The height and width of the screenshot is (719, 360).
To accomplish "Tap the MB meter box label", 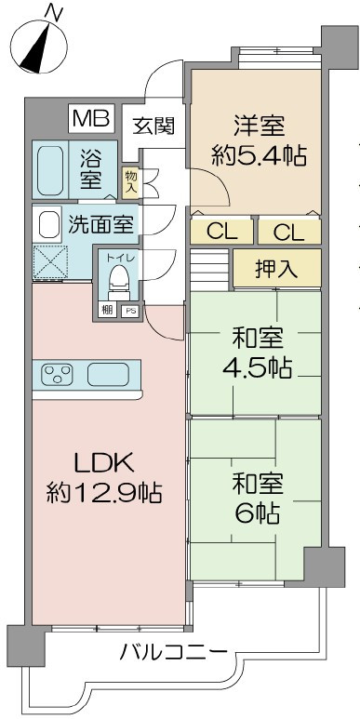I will click(x=91, y=120).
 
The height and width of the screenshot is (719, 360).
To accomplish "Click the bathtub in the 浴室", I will click(x=50, y=168).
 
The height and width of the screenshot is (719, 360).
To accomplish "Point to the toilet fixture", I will click(x=117, y=276).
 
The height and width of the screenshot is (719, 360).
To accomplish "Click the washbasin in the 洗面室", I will click(x=47, y=224).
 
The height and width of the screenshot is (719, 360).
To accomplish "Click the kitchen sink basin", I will click(x=108, y=375).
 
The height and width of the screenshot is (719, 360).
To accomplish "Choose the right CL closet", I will click(x=288, y=232).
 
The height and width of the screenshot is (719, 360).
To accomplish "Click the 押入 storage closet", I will click(x=276, y=269).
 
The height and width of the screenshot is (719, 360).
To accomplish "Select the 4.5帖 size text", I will click(x=257, y=367).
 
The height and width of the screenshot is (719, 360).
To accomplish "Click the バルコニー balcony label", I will click(x=173, y=652).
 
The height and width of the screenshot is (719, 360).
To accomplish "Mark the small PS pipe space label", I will click(x=128, y=311).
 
